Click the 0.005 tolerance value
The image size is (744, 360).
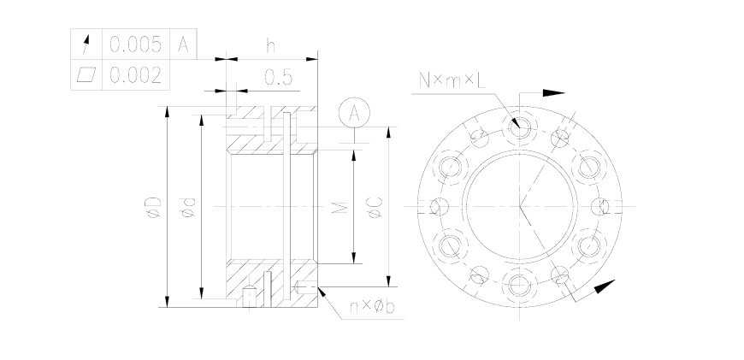coord(136,44)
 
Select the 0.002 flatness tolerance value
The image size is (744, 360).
coord(136,75)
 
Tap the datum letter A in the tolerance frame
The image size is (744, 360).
coord(183,44)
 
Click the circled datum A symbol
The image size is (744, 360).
coord(354,113)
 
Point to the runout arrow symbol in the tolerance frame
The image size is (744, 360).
coord(86,44)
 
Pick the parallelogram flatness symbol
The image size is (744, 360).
coord(86,74)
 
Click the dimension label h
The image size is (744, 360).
coord(270,45)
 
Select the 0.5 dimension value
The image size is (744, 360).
coord(278,77)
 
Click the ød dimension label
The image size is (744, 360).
coord(188,207)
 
